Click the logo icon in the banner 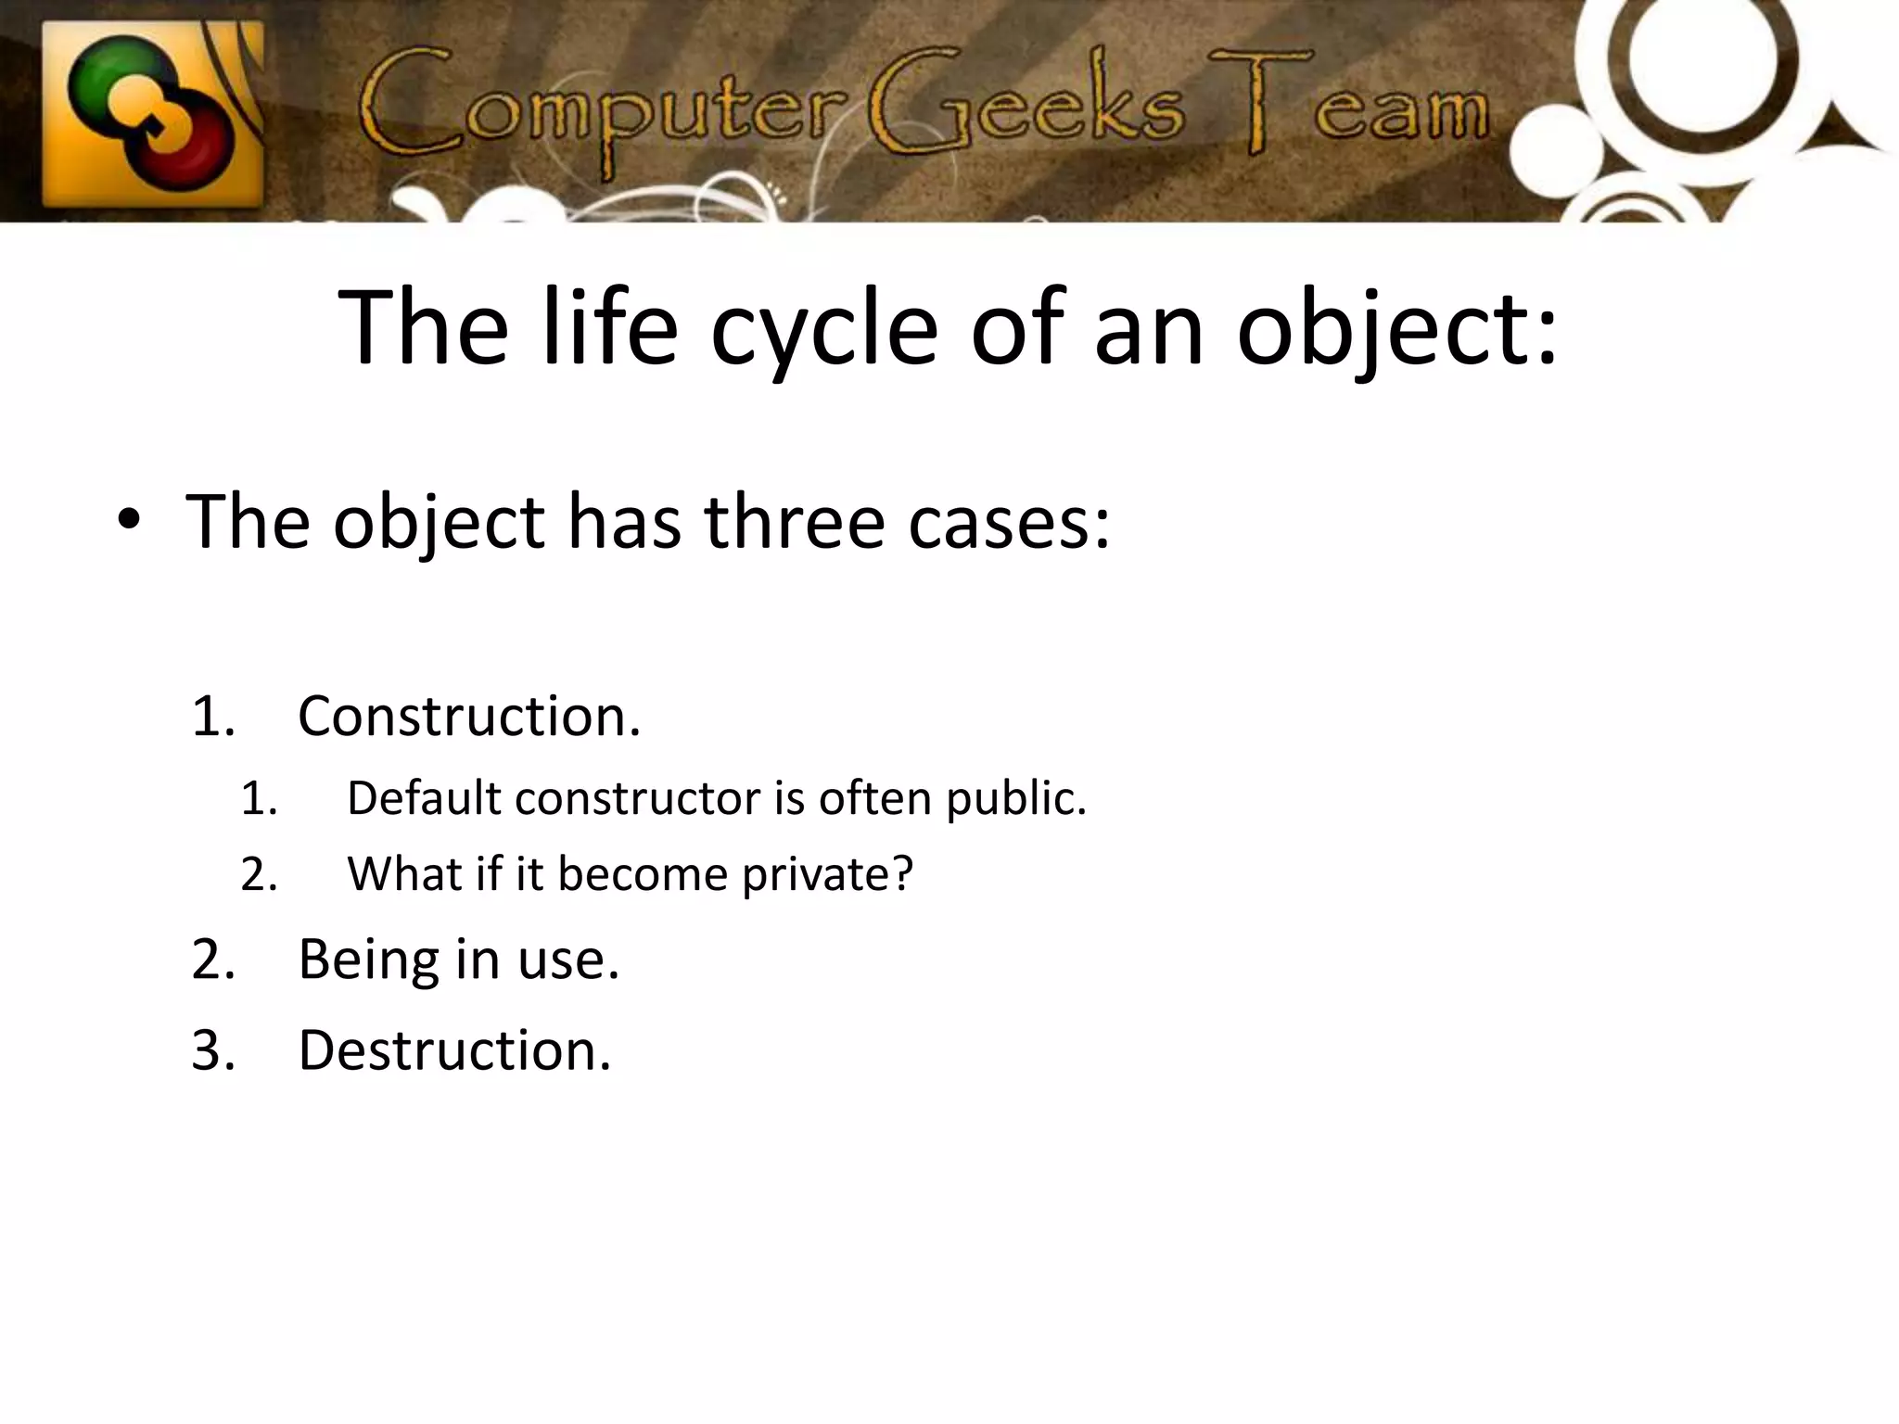pos(153,113)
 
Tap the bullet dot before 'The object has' pos(129,523)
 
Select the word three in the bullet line pos(794,523)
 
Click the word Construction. pos(469,717)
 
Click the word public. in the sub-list pos(1016,798)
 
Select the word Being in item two pos(368,960)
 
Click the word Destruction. pos(454,1050)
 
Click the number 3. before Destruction pos(213,1050)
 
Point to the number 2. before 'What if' pos(260,874)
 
